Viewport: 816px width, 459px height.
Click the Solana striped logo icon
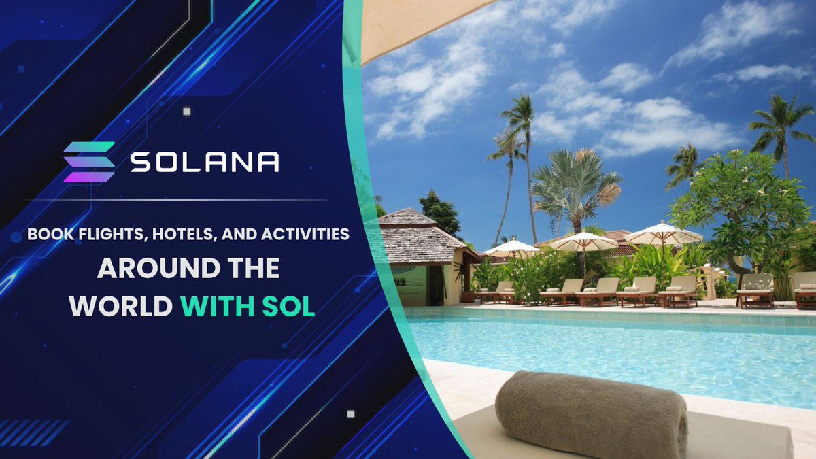click(x=89, y=162)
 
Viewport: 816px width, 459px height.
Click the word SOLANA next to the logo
click(x=205, y=162)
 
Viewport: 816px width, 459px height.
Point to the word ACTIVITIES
click(x=305, y=234)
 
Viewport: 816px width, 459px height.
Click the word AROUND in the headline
click(x=158, y=268)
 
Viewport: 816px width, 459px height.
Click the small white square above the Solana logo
click(x=187, y=112)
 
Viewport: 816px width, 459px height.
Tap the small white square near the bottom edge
click(x=351, y=414)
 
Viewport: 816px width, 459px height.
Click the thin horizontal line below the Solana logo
click(x=174, y=200)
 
